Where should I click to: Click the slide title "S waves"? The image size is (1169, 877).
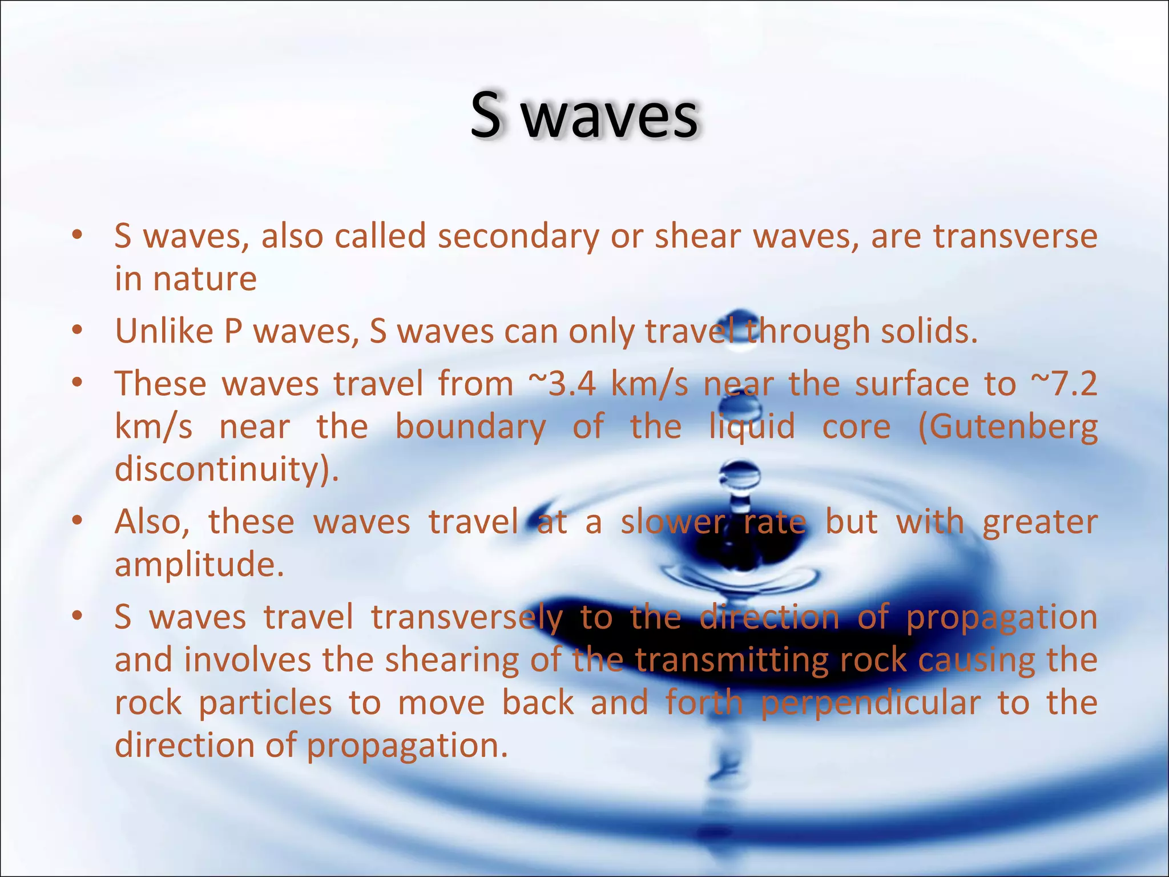click(x=584, y=116)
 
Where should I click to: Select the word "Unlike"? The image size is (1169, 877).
click(x=164, y=331)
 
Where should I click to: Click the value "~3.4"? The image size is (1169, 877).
click(x=563, y=384)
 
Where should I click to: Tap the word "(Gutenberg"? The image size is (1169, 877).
click(x=1008, y=427)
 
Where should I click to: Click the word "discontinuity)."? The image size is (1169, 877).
click(x=227, y=469)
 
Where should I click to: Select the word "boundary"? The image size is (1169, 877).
click(x=470, y=427)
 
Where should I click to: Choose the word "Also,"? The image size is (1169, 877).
click(x=152, y=522)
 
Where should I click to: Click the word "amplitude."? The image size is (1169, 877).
click(x=199, y=565)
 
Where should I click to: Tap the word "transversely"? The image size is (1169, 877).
click(x=467, y=618)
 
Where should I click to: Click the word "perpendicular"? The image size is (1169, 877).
click(x=870, y=703)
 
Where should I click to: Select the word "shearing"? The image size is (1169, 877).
click(x=452, y=661)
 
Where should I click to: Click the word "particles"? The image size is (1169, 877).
click(x=265, y=703)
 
